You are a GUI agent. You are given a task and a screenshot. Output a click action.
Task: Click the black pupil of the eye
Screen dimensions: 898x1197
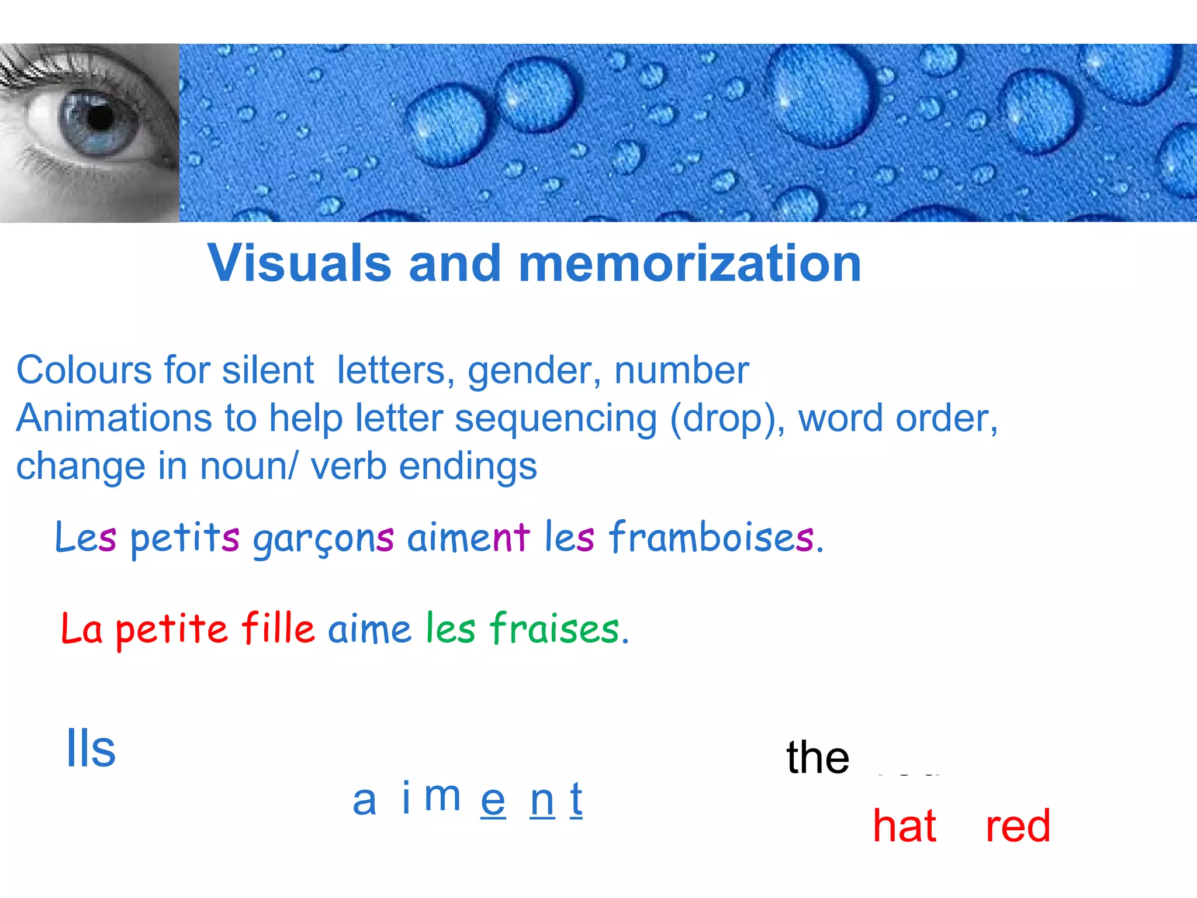tap(101, 118)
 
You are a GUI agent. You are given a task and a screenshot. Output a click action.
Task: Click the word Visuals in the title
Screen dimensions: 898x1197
tap(299, 264)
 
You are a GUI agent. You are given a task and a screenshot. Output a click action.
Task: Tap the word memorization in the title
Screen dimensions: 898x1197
tap(690, 264)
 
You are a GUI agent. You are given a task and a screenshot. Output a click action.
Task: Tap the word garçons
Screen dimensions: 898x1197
tap(323, 538)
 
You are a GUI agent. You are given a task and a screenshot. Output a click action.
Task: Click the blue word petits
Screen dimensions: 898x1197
tap(185, 538)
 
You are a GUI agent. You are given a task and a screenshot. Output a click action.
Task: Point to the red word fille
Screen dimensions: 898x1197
tap(278, 628)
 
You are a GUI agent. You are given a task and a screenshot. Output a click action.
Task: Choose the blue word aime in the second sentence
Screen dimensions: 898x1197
tap(369, 630)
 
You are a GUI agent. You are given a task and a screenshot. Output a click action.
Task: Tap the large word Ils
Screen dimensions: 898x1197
tap(91, 748)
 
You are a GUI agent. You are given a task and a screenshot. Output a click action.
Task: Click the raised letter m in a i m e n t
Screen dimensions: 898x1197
tap(442, 796)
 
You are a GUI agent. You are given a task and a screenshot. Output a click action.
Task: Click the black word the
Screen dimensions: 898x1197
tap(817, 757)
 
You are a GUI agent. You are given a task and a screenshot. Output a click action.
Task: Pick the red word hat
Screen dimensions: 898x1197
tap(904, 826)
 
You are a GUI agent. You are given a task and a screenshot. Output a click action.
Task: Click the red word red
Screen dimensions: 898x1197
tap(1018, 826)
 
